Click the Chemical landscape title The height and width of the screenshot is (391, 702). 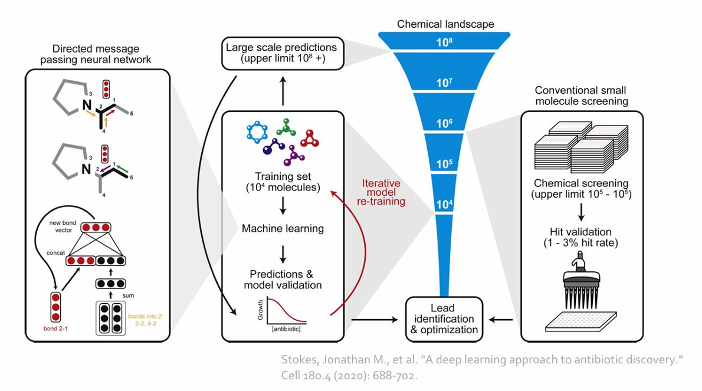tap(445, 24)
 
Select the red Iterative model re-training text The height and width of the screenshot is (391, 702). tap(383, 192)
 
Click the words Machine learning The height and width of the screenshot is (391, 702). tap(283, 228)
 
